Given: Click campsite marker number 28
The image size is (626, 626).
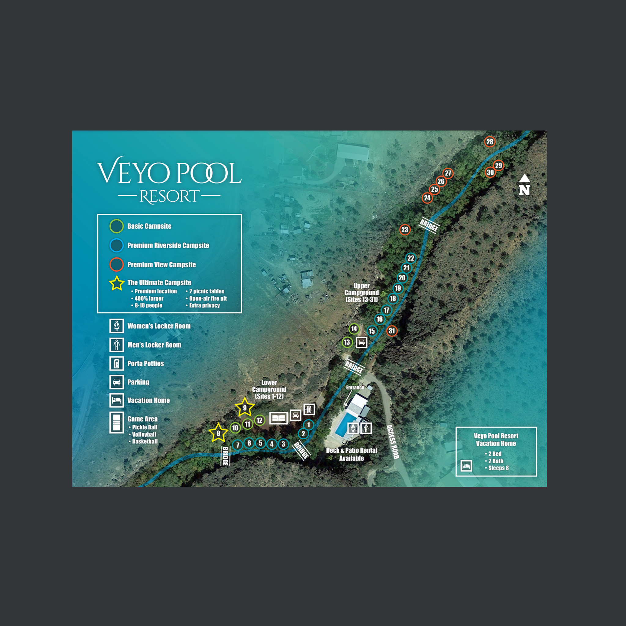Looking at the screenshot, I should click(x=490, y=142).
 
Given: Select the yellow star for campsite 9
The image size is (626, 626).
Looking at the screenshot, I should click(x=245, y=408).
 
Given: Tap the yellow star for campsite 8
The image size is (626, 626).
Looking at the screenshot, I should click(x=218, y=433).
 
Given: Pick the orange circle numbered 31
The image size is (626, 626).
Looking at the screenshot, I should click(x=392, y=331).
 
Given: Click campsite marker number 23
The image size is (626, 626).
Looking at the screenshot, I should click(x=405, y=230).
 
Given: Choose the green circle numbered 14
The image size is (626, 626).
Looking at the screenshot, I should click(x=354, y=329).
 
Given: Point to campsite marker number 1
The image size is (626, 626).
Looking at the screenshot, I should click(x=308, y=425).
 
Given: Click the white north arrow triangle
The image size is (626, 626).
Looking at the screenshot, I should click(x=524, y=178).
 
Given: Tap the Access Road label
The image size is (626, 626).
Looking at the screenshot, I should click(x=392, y=442).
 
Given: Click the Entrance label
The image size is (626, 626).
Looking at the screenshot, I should click(x=355, y=388).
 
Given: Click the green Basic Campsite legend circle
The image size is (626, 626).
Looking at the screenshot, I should click(x=116, y=226).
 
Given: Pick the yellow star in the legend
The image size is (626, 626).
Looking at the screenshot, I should click(x=117, y=284).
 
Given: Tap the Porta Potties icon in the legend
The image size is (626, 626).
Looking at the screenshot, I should click(x=116, y=363).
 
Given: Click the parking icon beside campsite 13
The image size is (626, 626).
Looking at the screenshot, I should click(x=362, y=342).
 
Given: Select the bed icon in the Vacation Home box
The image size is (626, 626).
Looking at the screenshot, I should click(x=466, y=466).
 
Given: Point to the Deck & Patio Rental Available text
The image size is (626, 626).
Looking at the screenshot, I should click(x=351, y=454).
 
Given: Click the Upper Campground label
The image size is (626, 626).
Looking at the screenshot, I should click(x=361, y=293).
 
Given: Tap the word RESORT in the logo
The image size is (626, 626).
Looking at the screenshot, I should click(x=169, y=196).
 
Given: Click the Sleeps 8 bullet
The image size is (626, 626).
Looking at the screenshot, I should click(x=498, y=468).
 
